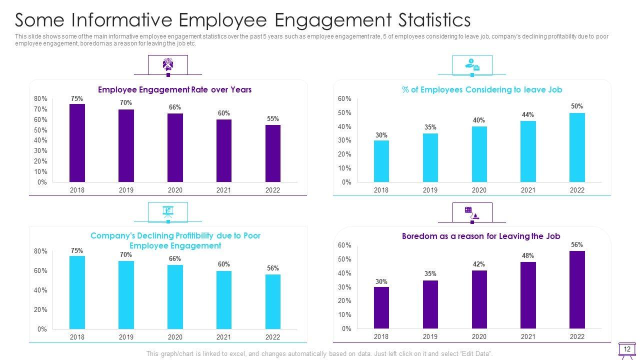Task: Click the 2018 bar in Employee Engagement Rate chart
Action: point(77,143)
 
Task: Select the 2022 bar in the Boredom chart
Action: point(577,289)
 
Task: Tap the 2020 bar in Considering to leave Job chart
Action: point(479,154)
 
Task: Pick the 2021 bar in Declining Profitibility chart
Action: point(223,299)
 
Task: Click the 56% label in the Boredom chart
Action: point(576,245)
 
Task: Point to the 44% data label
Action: point(528,114)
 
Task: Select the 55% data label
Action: point(272,118)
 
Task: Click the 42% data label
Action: point(479,264)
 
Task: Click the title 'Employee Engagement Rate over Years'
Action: point(174,89)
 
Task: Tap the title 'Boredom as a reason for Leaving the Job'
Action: point(481,236)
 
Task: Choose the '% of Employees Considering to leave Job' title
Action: point(482,89)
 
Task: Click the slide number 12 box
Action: point(627,349)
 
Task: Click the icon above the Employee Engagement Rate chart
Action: point(168,64)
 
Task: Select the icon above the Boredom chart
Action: point(472,212)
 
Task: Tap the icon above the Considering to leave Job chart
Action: point(472,64)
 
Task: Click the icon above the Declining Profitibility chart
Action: point(168,211)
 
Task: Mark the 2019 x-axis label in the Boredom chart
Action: point(430,337)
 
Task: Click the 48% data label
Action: point(528,255)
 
